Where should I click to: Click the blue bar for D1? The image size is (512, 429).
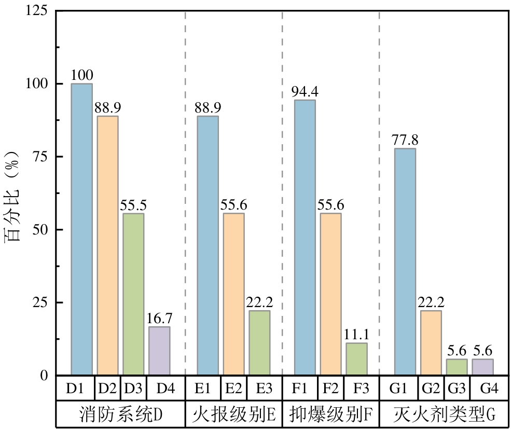[x=81, y=229]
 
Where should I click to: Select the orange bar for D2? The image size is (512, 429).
[x=107, y=245]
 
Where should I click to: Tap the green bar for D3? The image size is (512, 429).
[x=133, y=294]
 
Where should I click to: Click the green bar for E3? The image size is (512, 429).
[x=259, y=342]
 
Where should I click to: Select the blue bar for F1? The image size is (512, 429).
[x=305, y=237]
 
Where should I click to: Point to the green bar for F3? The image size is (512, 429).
[x=356, y=358]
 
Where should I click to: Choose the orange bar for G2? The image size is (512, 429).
[x=431, y=342]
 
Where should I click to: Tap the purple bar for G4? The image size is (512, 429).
[x=482, y=367]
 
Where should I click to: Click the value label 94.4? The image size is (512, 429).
[x=305, y=92]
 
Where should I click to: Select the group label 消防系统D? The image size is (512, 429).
[x=121, y=414]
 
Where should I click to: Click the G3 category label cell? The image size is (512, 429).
[x=456, y=388]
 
